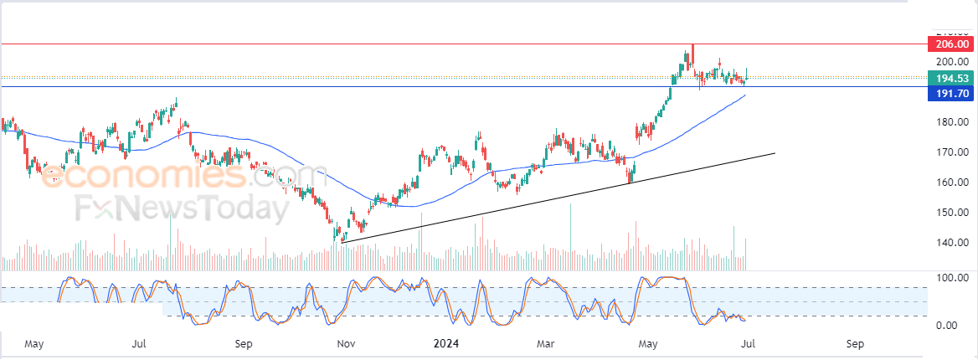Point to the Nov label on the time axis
coord(345,343)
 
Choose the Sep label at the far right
coord(855,343)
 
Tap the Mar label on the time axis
coord(546,343)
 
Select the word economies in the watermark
coord(142,176)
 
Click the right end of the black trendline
coord(775,152)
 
